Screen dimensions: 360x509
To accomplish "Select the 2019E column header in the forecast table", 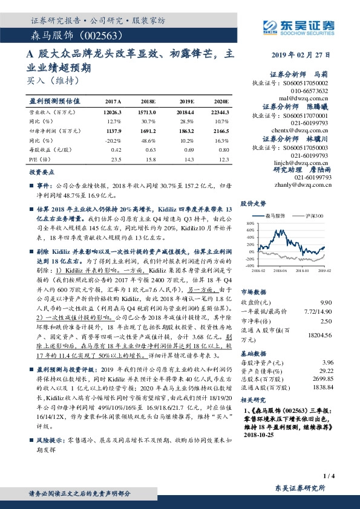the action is pos(187,101).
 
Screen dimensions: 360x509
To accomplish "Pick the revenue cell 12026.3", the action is pos(113,112).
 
